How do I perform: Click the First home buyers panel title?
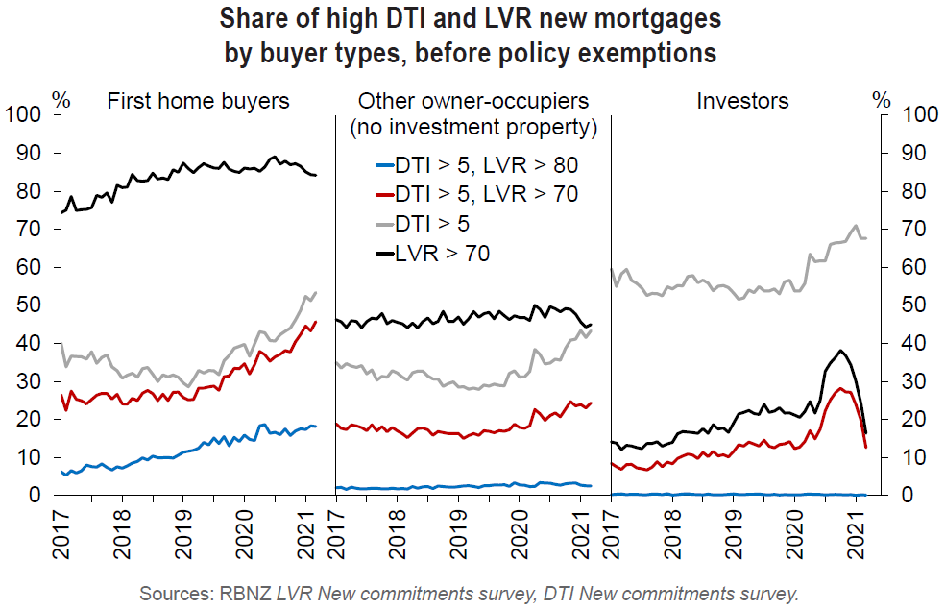coord(198,100)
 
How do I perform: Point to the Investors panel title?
coord(743,100)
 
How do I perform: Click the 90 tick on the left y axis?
coord(29,154)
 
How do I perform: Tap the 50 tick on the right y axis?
coord(914,305)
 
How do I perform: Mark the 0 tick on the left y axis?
coord(39,496)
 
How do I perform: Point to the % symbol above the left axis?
coord(61,99)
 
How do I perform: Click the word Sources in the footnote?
coord(176,593)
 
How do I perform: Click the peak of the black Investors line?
coord(841,351)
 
